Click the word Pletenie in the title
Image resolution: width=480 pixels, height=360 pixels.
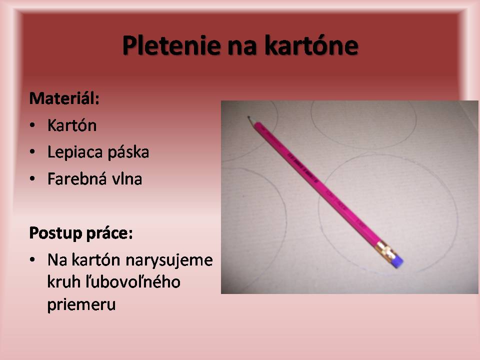pos(171,45)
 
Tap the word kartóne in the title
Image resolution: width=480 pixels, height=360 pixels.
pos(311,45)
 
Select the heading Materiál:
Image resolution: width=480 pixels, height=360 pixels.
pos(64,98)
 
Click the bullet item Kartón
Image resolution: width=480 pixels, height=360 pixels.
pos(72,125)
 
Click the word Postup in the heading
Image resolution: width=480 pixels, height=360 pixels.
pos(55,234)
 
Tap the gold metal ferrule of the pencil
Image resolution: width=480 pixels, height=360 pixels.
pos(385,250)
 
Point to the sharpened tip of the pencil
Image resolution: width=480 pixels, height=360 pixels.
pos(248,117)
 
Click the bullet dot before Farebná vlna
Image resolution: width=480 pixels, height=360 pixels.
pos(32,179)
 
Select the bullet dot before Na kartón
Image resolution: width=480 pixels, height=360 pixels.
pos(32,260)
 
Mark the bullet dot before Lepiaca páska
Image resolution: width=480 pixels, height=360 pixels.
pos(32,152)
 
